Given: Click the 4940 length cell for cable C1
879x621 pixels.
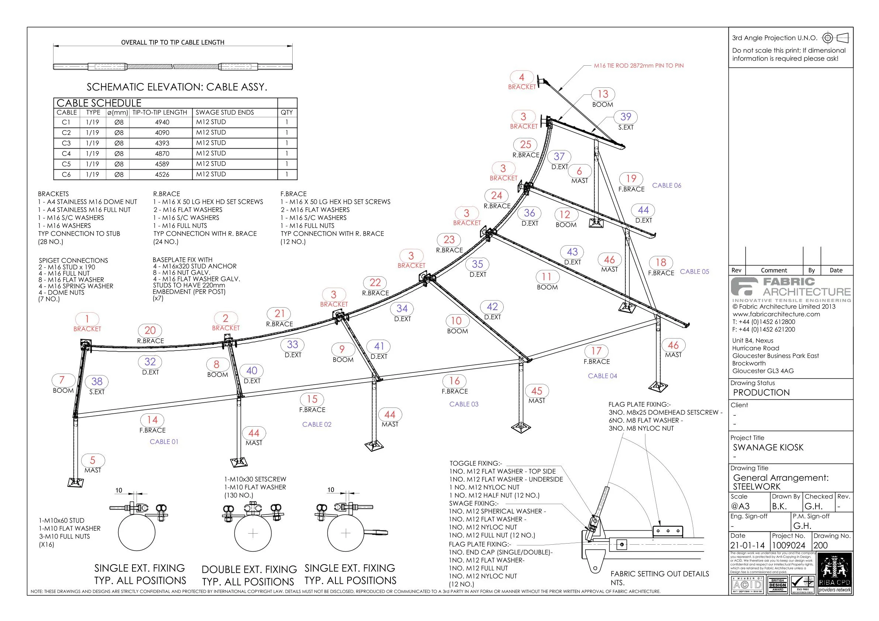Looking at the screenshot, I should (162, 122).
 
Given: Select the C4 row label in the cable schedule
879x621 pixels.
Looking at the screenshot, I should (66, 153).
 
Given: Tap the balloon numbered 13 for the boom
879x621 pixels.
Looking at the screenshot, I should (603, 94).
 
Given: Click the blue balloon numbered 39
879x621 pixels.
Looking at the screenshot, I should (625, 117).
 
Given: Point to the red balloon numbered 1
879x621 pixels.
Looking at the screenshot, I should (87, 319).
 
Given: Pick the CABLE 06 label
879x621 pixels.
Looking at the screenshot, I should (666, 185).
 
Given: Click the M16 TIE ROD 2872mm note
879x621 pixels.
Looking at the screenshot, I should (638, 66).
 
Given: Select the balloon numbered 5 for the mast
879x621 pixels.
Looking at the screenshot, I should (92, 460).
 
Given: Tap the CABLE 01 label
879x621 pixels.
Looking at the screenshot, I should (164, 442).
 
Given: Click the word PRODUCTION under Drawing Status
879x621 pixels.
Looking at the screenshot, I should (761, 393).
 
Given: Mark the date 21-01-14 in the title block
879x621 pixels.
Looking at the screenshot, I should (747, 545).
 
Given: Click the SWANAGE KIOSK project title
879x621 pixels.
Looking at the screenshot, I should (768, 447).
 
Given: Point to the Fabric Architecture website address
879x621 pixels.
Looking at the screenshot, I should (776, 314).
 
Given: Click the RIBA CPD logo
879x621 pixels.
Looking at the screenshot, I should (835, 573).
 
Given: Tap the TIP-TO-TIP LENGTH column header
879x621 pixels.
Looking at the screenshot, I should (160, 112).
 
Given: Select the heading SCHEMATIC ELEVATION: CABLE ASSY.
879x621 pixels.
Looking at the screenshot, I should (177, 87).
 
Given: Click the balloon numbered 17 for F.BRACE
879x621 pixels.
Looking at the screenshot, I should (596, 351).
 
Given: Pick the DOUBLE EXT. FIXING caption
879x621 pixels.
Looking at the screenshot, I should (249, 570).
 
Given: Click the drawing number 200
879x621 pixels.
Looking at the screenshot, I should (820, 545).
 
